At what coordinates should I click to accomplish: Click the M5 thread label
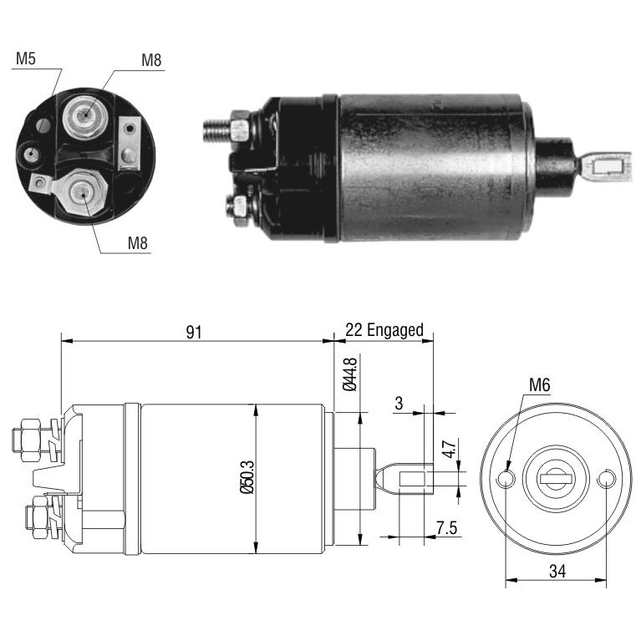[26, 59]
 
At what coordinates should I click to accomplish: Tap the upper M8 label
[151, 60]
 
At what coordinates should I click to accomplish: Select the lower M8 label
[137, 243]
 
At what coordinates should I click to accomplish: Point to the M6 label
[540, 384]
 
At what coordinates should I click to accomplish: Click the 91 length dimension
[194, 332]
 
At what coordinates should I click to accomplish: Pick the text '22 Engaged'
[384, 330]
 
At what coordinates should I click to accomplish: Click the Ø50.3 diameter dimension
[247, 477]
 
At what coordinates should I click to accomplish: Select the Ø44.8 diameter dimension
[350, 374]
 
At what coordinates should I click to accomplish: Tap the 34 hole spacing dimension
[557, 571]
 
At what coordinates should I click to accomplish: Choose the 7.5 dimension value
[446, 528]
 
